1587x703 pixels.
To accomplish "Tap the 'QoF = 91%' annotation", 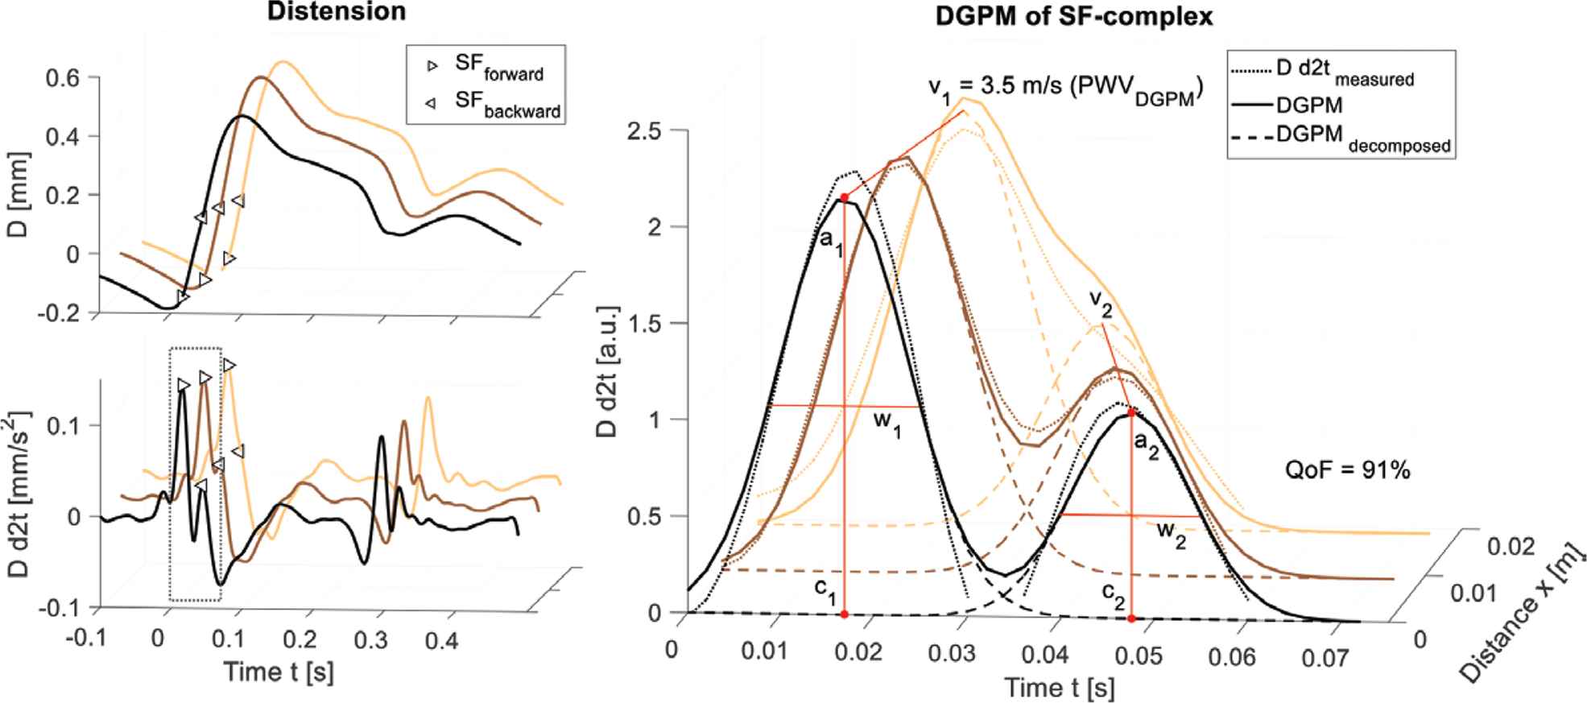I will tap(1347, 470).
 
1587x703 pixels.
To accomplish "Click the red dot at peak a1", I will tap(844, 197).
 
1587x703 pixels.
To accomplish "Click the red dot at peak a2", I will tap(1131, 412).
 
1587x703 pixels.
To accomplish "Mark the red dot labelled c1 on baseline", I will tap(844, 614).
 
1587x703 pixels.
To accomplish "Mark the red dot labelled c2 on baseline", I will tap(1131, 618).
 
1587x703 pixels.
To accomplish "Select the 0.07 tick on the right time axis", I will tap(1324, 657).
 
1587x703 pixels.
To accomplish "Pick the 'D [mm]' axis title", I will tap(23, 192).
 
